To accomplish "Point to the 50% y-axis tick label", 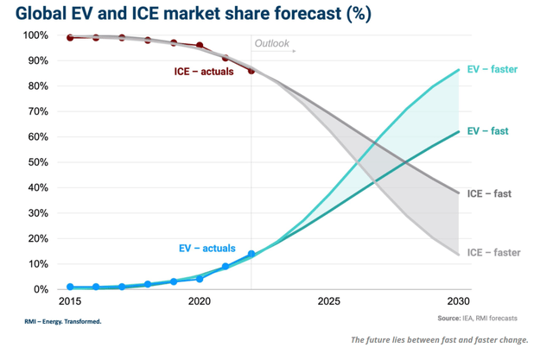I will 40,162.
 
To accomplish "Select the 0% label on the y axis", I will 43,289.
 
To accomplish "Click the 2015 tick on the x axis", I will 70,301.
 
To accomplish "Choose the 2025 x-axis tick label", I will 328,301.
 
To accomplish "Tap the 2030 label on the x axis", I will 457,301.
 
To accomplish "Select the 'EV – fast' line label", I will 487,131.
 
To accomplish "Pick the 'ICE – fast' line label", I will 489,193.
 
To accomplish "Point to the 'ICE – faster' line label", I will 493,252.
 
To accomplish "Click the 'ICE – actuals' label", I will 205,71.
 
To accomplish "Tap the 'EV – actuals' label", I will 207,249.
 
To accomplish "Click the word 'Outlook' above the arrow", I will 271,43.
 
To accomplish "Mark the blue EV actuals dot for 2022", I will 251,254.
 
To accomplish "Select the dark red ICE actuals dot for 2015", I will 70,38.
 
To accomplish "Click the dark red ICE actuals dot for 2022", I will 251,71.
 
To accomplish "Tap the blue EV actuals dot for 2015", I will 70,287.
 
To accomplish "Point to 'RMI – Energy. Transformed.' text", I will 63,321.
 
